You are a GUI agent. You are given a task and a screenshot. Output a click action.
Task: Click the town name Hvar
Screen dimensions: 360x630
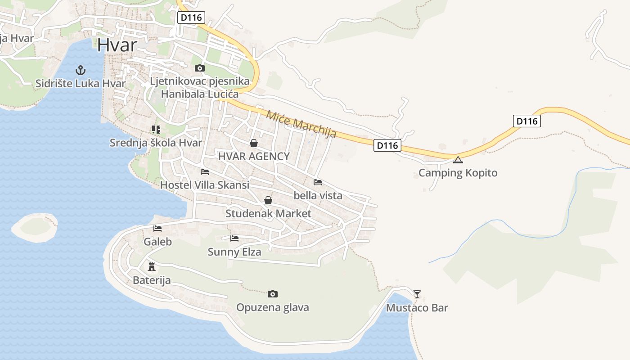pos(117,45)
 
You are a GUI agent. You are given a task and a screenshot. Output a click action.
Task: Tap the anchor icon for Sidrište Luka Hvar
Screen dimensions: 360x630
pos(80,70)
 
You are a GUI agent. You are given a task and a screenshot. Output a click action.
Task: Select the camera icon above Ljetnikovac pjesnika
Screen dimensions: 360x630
pos(199,68)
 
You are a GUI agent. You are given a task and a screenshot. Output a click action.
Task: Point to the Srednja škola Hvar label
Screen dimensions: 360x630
pos(156,143)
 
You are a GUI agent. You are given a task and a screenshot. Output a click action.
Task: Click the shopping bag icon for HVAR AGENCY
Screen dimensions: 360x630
pos(254,143)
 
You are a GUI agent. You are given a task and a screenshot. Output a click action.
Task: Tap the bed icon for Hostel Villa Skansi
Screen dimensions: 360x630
pos(205,172)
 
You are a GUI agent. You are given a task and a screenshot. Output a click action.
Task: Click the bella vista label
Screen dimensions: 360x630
pos(318,195)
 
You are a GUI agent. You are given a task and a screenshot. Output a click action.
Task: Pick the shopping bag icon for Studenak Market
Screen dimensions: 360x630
pos(268,200)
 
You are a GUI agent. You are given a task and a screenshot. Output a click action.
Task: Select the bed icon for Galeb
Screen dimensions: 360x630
pos(157,229)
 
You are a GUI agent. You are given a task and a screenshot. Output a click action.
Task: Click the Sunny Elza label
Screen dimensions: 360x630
pos(234,252)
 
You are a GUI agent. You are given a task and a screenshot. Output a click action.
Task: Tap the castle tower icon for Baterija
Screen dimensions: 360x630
pos(152,266)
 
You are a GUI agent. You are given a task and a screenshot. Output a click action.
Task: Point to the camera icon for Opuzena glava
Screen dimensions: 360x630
pos(272,294)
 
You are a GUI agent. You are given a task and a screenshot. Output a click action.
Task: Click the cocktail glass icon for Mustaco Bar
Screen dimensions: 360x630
pos(417,294)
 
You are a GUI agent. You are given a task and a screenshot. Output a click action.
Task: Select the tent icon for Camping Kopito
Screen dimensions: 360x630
pos(458,160)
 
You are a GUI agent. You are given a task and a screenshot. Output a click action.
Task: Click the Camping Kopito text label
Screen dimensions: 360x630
pos(458,173)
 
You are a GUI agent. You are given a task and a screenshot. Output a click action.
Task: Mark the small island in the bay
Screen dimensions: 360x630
pos(35,227)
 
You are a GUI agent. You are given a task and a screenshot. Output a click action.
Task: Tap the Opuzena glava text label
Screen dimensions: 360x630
pos(272,308)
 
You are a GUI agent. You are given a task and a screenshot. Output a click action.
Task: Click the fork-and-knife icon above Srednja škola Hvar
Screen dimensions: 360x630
pos(156,130)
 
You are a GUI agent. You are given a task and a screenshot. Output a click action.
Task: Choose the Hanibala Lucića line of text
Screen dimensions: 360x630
pos(199,94)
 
